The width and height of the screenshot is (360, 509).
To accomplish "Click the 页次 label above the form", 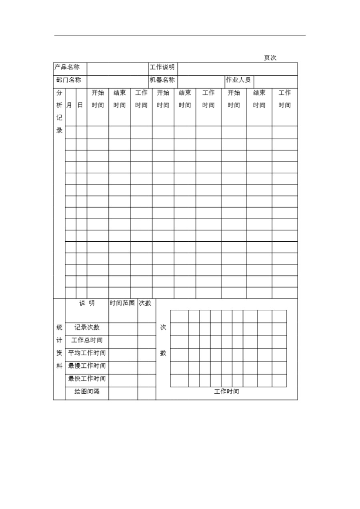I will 270,58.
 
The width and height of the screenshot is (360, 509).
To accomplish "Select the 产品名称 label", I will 67,67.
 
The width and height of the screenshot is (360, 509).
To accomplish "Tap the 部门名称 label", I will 69,80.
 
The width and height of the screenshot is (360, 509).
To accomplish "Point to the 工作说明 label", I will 162,67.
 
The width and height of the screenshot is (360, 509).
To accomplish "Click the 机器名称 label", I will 162,80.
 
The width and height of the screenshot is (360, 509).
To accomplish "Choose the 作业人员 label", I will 238,80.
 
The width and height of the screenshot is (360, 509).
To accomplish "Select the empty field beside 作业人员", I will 276,82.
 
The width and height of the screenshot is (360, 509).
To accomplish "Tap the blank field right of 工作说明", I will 237,69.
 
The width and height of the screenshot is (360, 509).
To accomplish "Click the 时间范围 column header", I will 122,303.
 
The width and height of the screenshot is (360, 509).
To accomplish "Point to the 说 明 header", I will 87,303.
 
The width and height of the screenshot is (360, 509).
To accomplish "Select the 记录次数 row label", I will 87,327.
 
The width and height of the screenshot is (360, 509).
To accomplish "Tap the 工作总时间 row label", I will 87,340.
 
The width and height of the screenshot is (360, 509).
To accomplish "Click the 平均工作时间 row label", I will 87,353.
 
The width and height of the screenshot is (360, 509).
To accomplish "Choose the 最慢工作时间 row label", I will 87,366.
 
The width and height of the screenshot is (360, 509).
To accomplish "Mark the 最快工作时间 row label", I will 87,379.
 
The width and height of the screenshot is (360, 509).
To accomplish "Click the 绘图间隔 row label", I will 87,391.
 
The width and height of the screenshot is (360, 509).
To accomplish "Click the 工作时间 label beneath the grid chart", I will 226,391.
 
